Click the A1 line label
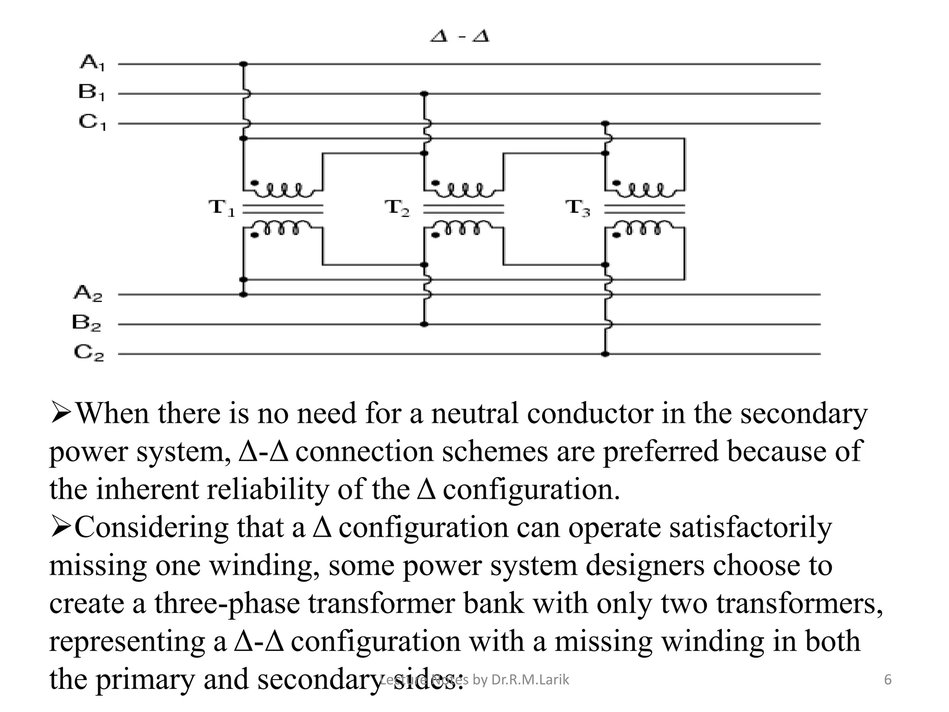(x=92, y=62)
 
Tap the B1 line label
(x=91, y=92)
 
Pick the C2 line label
(x=89, y=353)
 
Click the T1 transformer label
(x=222, y=207)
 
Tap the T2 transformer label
(x=398, y=207)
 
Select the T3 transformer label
(x=578, y=207)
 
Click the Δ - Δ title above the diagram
(x=460, y=36)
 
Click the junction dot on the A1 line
(x=243, y=64)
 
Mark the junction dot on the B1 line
(x=424, y=94)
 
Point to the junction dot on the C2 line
(x=605, y=354)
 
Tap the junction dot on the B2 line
(x=424, y=324)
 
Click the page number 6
(x=888, y=680)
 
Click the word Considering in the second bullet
(x=151, y=528)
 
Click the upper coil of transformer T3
(x=645, y=190)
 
